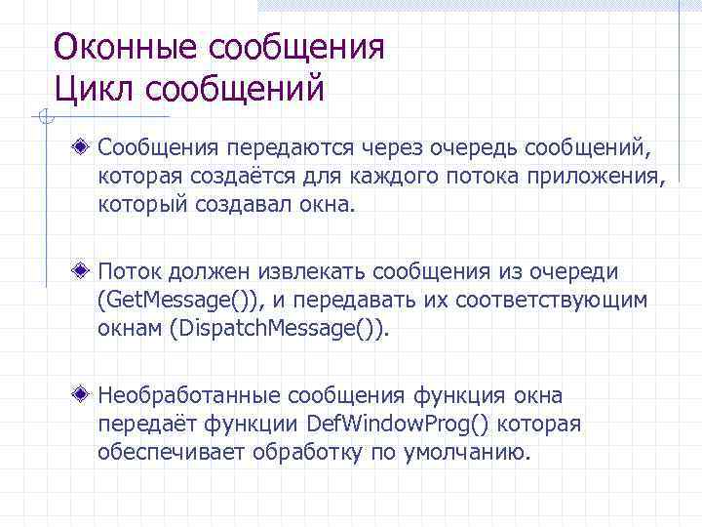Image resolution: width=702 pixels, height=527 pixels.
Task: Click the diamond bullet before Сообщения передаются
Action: coord(86,150)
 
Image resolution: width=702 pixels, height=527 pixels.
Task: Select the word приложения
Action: coord(604,177)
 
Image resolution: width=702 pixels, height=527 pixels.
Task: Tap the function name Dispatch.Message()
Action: coord(279,328)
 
